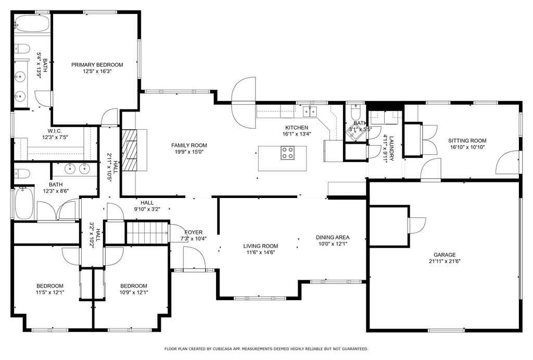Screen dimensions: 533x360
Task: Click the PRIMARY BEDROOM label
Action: [x=97, y=65]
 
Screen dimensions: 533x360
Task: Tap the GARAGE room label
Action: [x=445, y=255]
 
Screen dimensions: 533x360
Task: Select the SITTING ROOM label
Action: [x=467, y=141]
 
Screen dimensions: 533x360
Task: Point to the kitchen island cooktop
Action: [x=287, y=153]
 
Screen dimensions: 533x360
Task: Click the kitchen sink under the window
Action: [x=310, y=111]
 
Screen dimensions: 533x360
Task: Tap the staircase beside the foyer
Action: [x=148, y=232]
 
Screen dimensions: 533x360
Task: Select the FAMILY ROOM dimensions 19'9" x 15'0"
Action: [x=189, y=152]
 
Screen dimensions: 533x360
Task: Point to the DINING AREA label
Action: [x=333, y=238]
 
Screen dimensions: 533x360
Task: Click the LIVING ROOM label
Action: [x=260, y=246]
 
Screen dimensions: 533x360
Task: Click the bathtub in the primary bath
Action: [x=32, y=23]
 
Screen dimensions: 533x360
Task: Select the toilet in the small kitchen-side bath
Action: [x=355, y=110]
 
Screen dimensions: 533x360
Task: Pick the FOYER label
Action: [x=194, y=232]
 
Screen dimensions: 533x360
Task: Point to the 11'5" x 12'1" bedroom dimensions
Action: [x=50, y=292]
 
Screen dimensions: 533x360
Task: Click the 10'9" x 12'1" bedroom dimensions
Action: [x=134, y=292]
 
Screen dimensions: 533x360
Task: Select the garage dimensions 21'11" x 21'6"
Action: [x=445, y=262]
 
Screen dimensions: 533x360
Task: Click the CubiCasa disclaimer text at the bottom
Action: [x=266, y=349]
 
